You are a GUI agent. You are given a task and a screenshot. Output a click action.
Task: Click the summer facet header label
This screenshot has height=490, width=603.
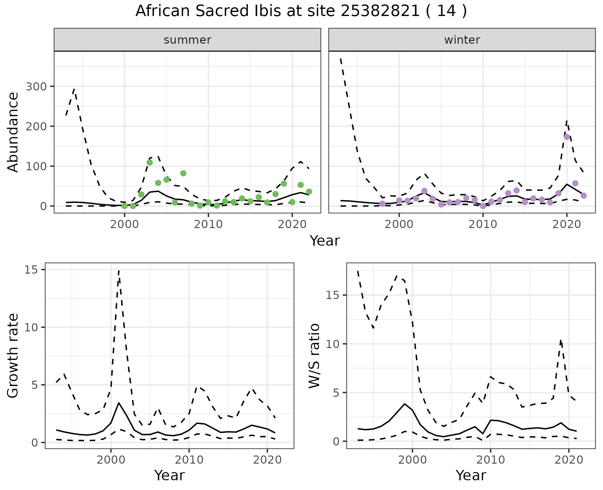(187, 40)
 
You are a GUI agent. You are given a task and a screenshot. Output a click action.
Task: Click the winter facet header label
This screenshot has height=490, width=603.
(462, 40)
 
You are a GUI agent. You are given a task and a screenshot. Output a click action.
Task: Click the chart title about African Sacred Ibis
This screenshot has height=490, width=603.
(301, 11)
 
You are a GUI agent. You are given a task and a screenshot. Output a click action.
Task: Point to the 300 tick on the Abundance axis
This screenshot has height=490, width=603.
(35, 86)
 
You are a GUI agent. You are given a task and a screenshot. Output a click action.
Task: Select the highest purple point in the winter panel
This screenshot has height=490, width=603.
(567, 137)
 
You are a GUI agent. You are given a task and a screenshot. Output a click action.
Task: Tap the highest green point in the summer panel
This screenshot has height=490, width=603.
(150, 162)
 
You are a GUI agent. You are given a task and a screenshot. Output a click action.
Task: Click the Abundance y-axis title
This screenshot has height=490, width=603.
(13, 132)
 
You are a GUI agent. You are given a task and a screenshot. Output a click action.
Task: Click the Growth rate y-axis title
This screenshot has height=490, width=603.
(13, 356)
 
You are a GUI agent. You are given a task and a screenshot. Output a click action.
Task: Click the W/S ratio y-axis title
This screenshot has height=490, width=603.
(314, 356)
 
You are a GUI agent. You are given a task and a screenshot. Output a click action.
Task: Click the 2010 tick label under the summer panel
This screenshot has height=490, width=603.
(208, 225)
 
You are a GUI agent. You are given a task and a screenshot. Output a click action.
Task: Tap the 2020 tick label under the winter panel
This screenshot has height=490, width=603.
(567, 225)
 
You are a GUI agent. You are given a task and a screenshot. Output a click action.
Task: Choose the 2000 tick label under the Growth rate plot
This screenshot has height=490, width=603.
(111, 460)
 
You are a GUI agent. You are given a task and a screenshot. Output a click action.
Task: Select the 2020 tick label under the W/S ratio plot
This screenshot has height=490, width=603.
(569, 460)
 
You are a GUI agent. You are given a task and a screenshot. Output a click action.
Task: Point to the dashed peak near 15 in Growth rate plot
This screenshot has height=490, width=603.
(119, 270)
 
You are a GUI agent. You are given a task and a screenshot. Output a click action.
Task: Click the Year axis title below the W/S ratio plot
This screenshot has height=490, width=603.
(471, 475)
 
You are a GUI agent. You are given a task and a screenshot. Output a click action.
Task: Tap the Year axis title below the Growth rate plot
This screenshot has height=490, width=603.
(169, 475)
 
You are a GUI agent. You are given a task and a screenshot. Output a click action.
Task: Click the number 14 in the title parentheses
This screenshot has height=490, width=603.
(446, 11)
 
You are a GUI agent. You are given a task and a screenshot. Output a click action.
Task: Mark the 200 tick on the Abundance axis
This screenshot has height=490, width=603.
(35, 126)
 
